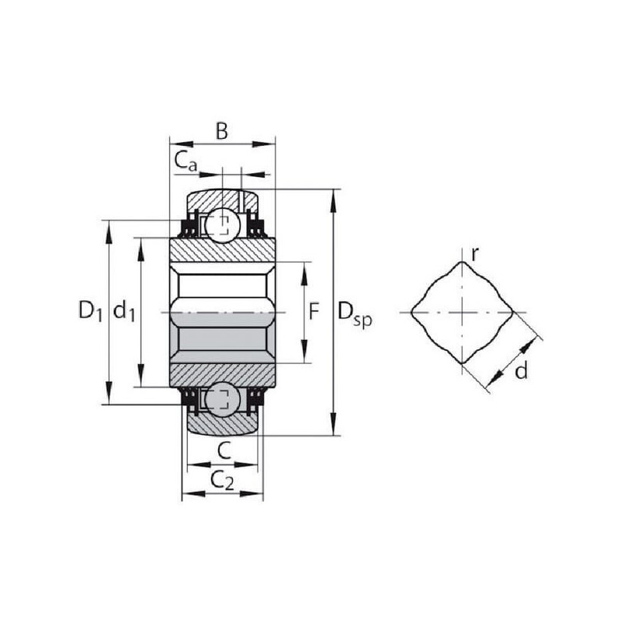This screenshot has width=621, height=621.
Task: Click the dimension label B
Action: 222,131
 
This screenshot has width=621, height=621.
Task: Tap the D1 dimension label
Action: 91,310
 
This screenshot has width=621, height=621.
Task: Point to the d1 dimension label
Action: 124,310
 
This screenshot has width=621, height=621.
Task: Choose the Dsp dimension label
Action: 355,313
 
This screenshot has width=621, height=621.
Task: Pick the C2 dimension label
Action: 222,480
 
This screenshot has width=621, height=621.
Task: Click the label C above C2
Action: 224,451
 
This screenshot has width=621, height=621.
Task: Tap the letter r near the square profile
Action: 475,255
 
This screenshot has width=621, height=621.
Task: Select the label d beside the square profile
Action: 522,371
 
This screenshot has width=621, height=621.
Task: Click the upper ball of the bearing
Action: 223,225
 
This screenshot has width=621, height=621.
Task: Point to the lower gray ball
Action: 223,399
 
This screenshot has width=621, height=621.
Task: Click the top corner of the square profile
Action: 462,262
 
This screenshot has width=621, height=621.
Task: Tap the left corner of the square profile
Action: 411,313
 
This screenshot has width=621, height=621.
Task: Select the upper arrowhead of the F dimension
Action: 304,273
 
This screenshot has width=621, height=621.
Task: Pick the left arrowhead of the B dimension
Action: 181,144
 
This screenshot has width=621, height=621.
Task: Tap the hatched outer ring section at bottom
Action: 223,425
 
